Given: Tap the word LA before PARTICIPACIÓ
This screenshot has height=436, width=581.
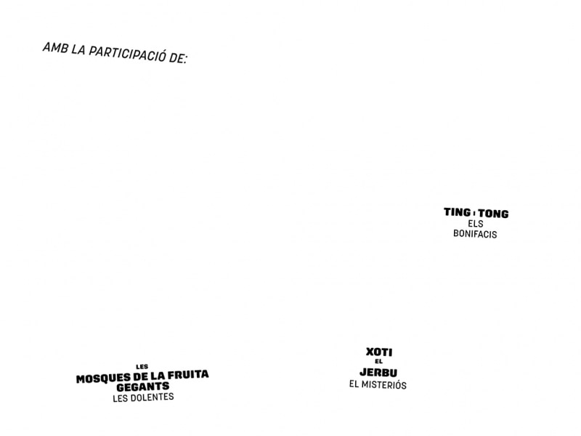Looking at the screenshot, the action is (x=78, y=49).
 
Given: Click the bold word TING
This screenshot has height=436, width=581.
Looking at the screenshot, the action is (x=458, y=212).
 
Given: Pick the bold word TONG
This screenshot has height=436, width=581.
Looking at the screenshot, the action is (x=493, y=214).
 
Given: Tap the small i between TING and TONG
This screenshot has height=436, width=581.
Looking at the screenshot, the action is (x=475, y=213).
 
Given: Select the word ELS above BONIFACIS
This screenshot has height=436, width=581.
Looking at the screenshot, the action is (x=476, y=224).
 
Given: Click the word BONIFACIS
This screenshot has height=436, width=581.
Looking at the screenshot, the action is (x=475, y=234).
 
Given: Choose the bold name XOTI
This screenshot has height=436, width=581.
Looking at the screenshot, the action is (x=379, y=352).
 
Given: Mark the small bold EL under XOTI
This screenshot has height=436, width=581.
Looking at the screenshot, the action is (x=378, y=361).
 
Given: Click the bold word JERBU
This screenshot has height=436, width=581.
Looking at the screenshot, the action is (x=378, y=372).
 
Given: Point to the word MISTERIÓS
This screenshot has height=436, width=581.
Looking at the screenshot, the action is (x=384, y=385).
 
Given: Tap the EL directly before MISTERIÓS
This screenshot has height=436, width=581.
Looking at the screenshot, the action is (x=354, y=384).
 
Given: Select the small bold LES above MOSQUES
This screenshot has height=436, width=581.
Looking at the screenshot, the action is (x=142, y=367).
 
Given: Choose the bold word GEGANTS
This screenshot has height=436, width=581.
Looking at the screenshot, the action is (x=142, y=387).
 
